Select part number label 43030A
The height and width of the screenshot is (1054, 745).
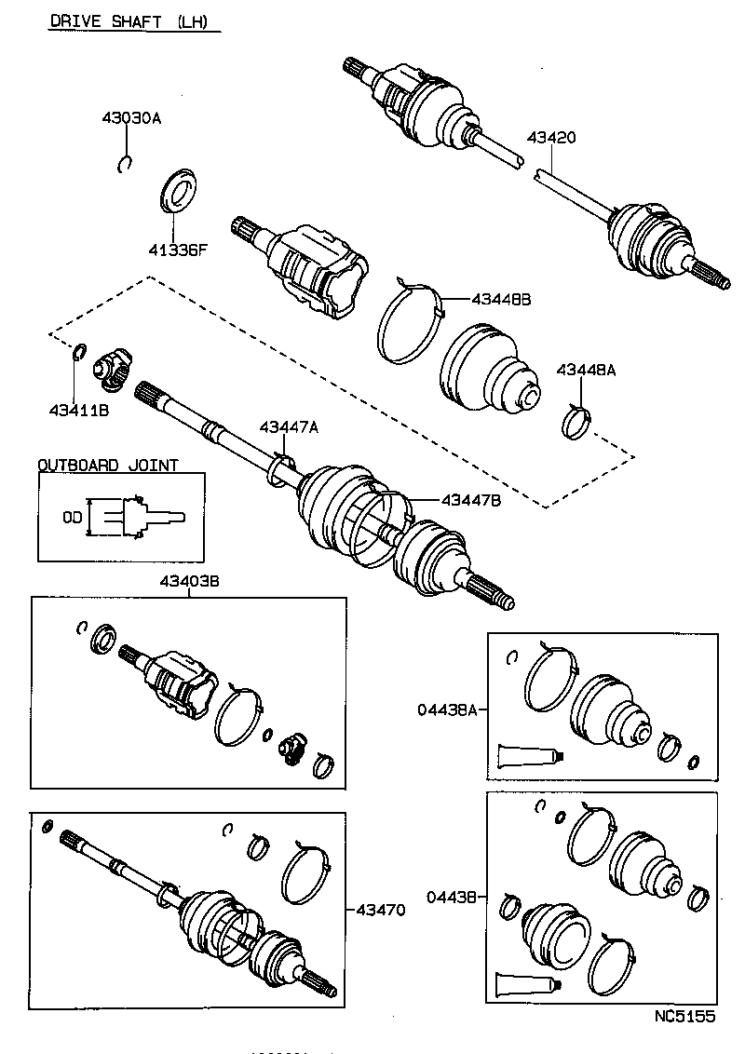pos(131,118)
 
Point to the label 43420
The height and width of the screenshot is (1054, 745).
pos(550,137)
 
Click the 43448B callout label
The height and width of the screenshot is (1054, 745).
pos(500,299)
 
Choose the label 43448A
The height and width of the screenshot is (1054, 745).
pos(586,370)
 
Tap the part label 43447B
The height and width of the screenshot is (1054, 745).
pos(470,500)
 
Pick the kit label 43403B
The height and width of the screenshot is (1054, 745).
pos(189,581)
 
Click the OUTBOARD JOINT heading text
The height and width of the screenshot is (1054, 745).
pos(108,465)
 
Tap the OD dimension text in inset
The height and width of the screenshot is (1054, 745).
pos(72,515)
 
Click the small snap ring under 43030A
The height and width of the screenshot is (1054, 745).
pos(126,165)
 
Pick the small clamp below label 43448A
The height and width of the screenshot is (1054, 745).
pos(577,422)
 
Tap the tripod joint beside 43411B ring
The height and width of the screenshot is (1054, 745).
pos(114,369)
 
